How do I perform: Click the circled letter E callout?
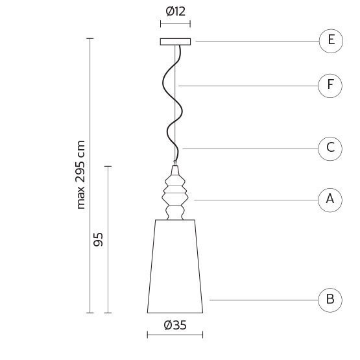[x=331, y=41]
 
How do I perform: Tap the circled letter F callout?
[x=330, y=86]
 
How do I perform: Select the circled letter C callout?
[x=330, y=149]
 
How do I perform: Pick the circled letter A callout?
[x=330, y=200]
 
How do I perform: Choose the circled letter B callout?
[x=330, y=300]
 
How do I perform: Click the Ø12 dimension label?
[x=175, y=11]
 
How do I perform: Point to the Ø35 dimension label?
[x=175, y=325]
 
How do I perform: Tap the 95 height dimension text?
[x=98, y=239]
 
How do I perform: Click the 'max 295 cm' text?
[x=80, y=174]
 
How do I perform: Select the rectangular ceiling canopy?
[x=175, y=42]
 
